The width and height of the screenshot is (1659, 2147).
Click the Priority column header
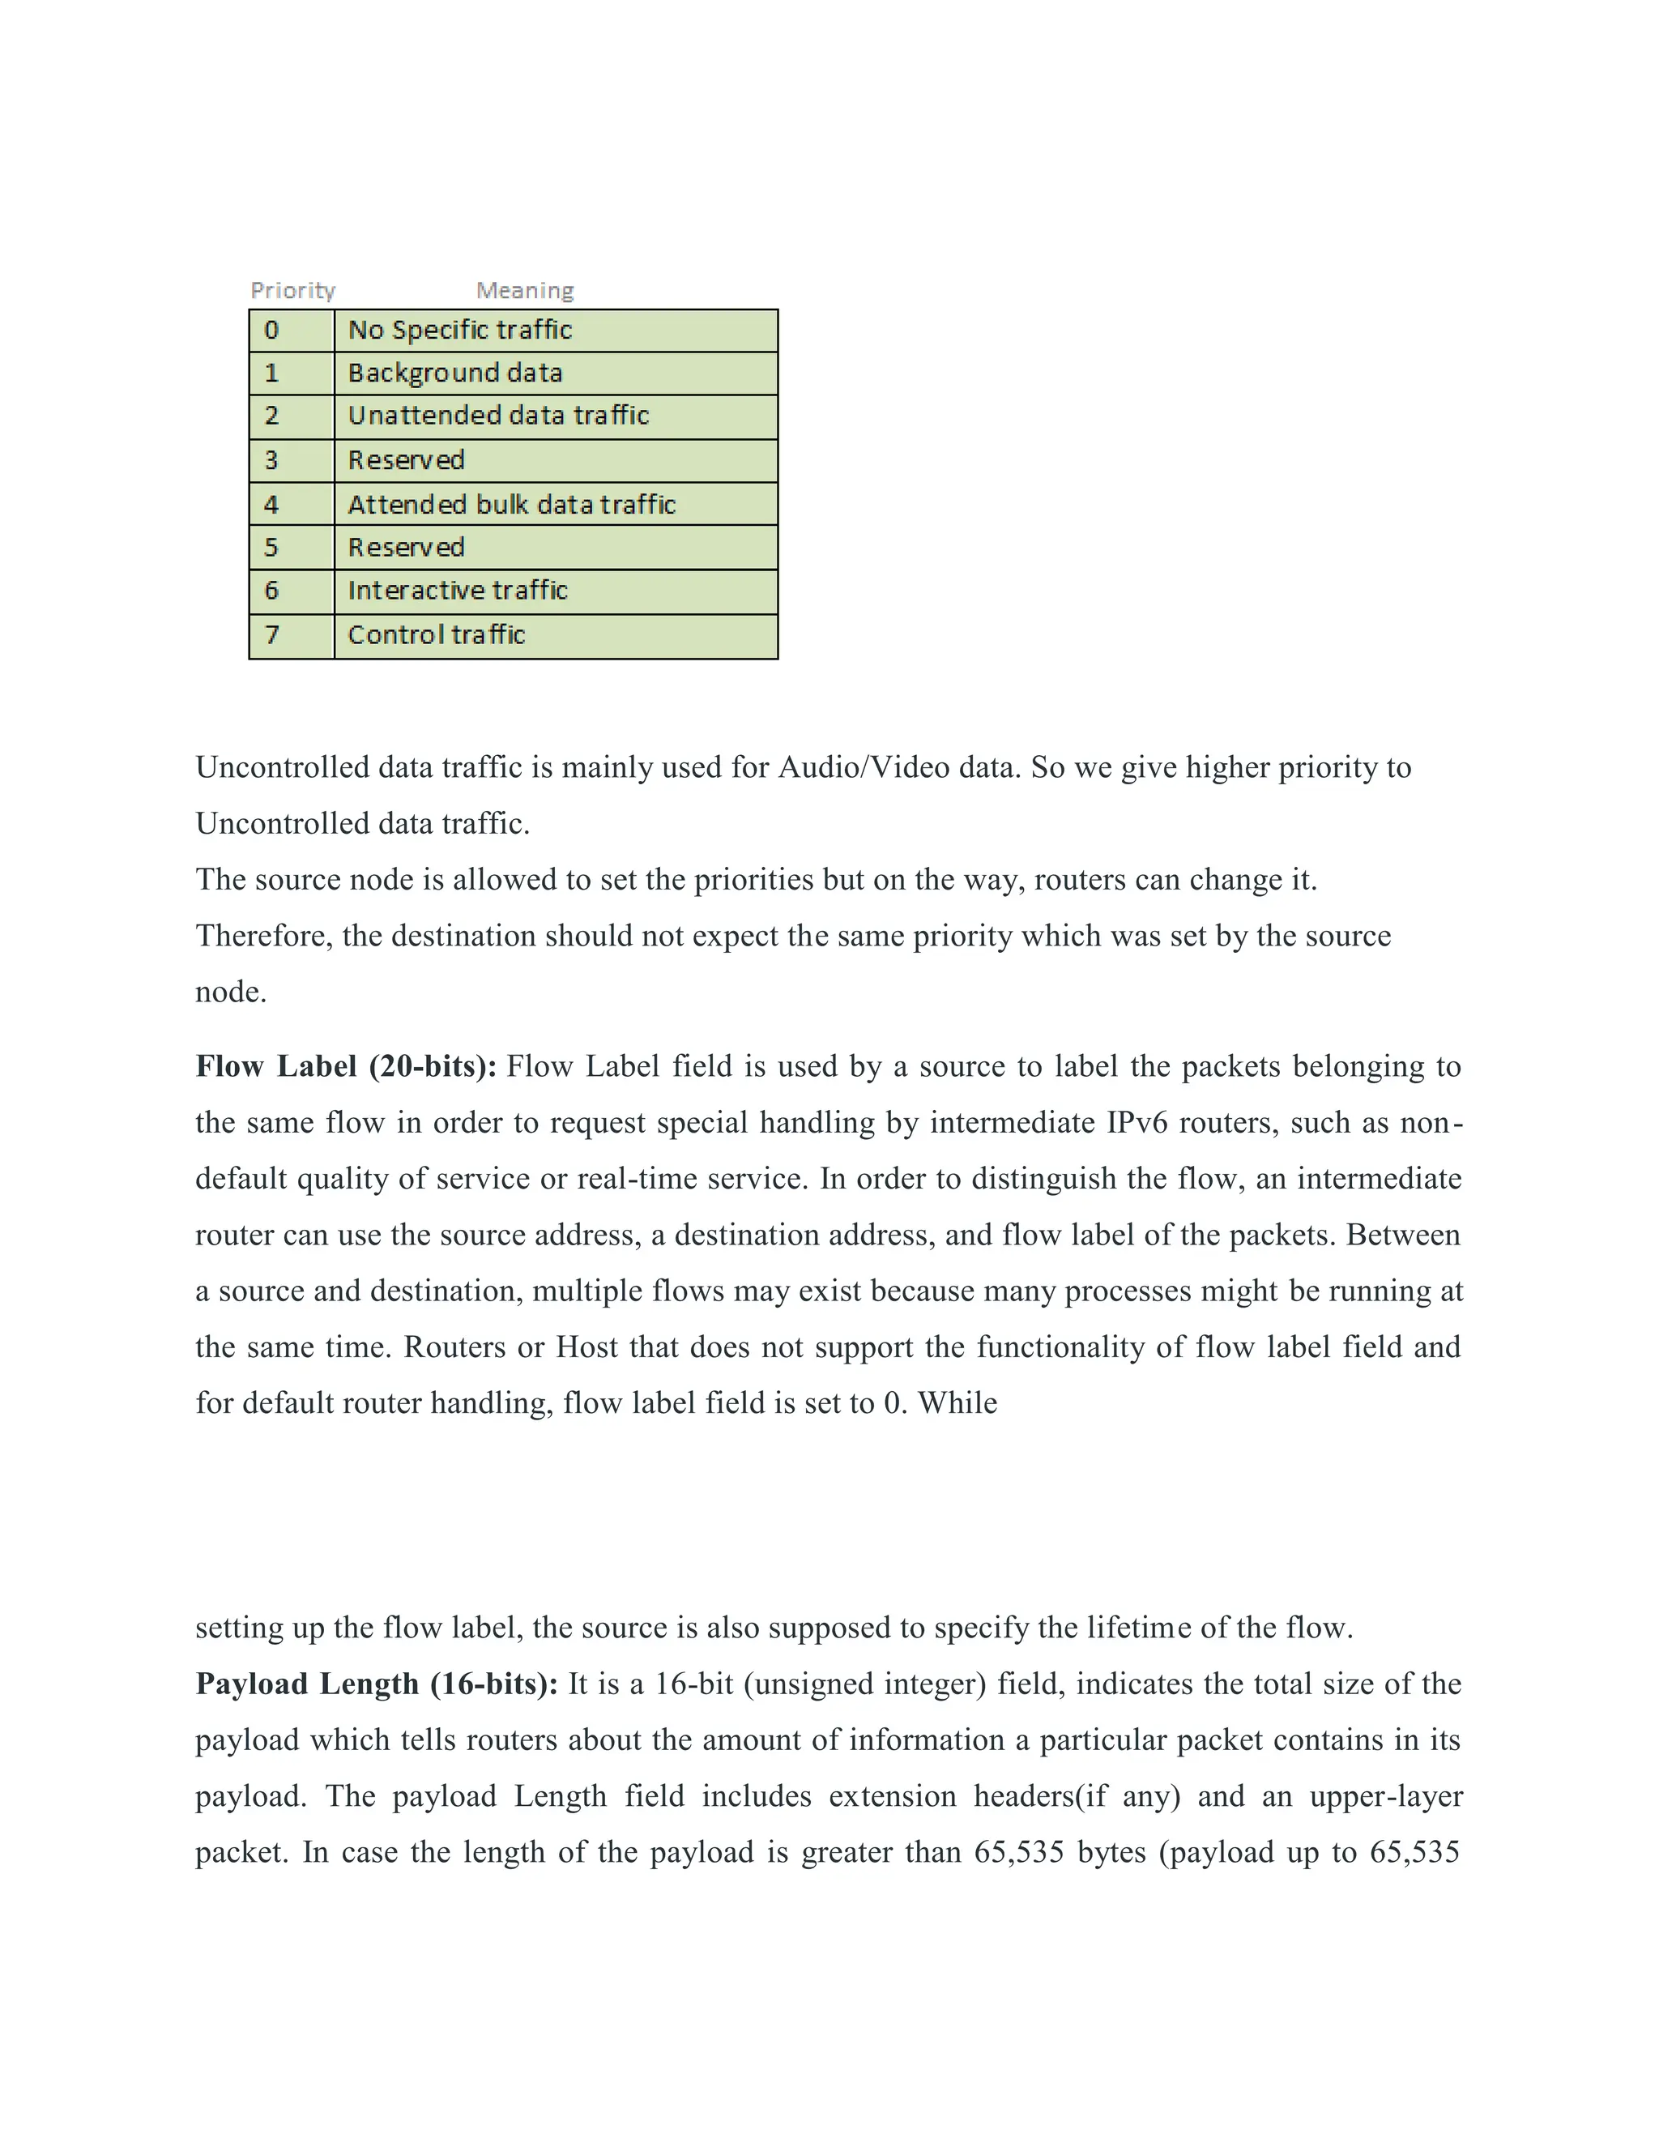point(293,290)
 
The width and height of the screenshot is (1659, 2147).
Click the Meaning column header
point(525,290)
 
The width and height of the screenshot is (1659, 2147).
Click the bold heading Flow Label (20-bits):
point(346,1067)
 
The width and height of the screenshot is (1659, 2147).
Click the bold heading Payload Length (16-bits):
point(377,1684)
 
